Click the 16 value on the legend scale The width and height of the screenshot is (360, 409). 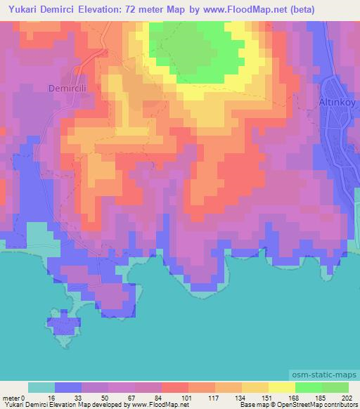pos(55,398)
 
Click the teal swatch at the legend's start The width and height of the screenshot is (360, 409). pos(41,387)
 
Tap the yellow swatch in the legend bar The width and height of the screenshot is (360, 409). pos(282,387)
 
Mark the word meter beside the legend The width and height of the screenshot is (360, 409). pos(12,398)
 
